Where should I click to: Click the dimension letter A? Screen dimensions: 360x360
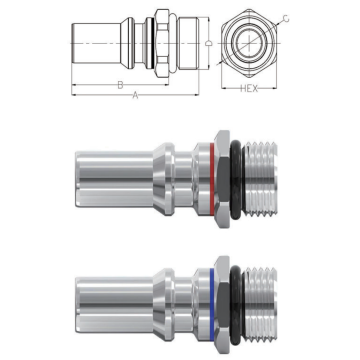coord(135,95)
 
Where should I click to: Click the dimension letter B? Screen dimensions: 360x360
coord(120,85)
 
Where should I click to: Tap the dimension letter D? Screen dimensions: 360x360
coord(209,44)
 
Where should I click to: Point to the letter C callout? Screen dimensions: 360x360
coord(286,19)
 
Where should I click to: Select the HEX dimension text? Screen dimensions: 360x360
coord(249,89)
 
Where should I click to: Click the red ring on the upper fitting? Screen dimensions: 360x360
coord(212,179)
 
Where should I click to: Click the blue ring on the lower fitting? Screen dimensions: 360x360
coord(212,305)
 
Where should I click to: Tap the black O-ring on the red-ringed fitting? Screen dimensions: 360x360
coord(236,179)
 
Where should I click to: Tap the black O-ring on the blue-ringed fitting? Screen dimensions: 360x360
coord(236,305)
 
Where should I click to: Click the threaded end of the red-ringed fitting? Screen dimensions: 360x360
coord(260,179)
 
